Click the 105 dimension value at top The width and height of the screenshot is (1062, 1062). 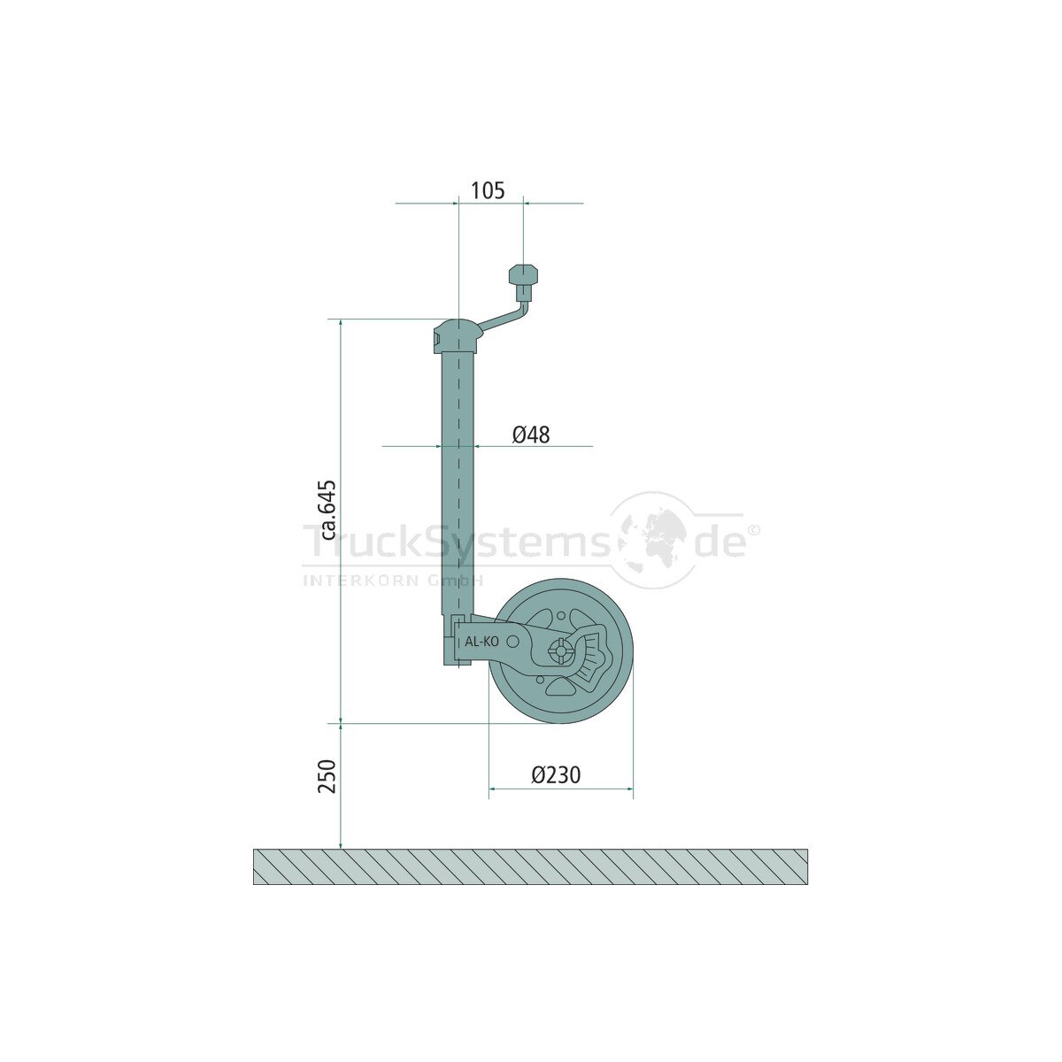[487, 190]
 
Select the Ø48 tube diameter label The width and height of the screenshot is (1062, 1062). [531, 435]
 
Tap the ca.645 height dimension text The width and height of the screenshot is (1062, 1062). [329, 510]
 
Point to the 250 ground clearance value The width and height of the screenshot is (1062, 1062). [328, 776]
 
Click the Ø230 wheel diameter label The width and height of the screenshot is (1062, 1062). [556, 775]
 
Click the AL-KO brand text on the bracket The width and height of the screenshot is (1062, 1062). [481, 642]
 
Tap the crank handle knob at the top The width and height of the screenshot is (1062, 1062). [523, 275]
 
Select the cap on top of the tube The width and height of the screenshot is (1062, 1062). [457, 336]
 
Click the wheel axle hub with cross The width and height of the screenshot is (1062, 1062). [561, 650]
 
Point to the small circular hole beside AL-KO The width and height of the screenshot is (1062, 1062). [512, 641]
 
